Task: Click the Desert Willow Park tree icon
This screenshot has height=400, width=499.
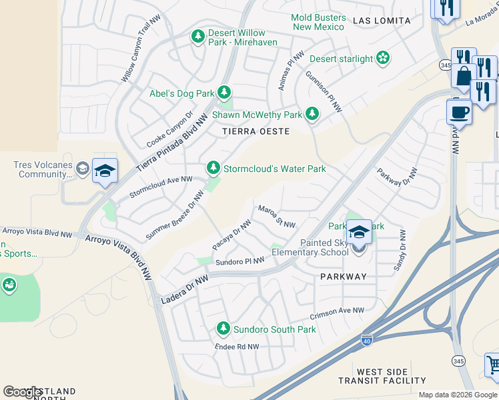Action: [197, 36]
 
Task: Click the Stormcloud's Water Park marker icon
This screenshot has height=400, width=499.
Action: [213, 167]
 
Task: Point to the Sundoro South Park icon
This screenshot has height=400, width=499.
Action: [223, 328]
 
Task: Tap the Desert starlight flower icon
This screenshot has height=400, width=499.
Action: [383, 59]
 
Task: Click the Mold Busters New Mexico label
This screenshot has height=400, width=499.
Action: [318, 22]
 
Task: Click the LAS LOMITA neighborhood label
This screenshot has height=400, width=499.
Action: [382, 21]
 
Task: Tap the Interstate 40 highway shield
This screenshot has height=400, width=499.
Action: [367, 340]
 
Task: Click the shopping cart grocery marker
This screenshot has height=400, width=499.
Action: [493, 365]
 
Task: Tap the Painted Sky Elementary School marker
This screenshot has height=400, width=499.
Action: [359, 233]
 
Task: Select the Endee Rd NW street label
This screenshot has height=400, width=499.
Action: [235, 347]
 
